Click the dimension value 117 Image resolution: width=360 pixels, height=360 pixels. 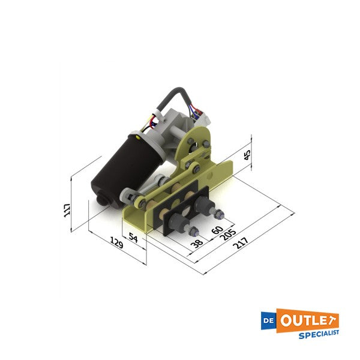click(x=67, y=210)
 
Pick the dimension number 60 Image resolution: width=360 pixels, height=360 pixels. click(x=217, y=229)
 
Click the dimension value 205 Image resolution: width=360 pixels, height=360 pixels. click(x=227, y=236)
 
